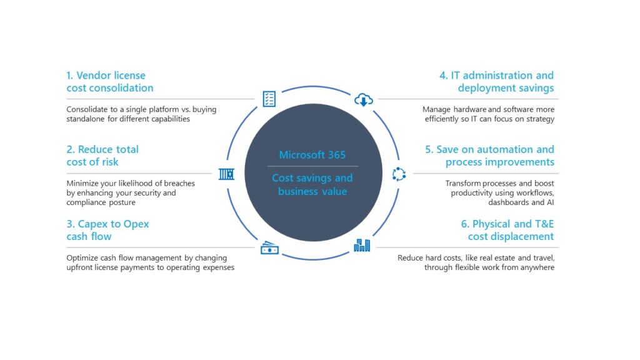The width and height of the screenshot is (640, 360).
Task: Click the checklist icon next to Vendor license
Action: click(269, 99)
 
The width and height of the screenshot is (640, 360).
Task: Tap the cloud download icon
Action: click(363, 99)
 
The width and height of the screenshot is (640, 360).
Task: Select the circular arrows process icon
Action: click(399, 174)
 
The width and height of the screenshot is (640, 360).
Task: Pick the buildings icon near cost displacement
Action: click(362, 245)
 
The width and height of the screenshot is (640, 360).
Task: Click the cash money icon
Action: click(269, 247)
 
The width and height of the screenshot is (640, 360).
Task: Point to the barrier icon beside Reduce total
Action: click(226, 174)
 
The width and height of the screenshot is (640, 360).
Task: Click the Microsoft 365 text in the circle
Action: click(312, 155)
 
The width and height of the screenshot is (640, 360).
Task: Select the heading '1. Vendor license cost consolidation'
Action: click(110, 82)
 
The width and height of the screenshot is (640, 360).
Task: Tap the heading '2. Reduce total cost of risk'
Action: click(102, 156)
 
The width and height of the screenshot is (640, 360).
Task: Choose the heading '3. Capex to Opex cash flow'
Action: click(107, 230)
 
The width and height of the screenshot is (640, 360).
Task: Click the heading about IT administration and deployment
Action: click(496, 82)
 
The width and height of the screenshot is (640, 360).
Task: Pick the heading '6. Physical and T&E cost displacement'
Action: click(507, 230)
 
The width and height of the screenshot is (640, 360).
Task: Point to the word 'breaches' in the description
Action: click(179, 183)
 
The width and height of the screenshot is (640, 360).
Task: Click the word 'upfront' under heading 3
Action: click(79, 267)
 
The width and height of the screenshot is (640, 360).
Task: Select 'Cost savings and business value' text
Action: click(312, 184)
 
